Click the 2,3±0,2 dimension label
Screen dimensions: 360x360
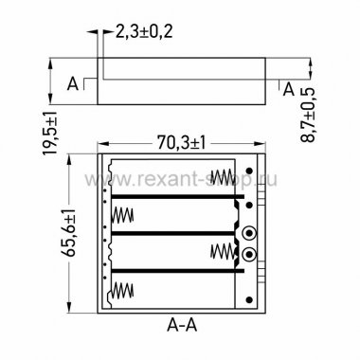pos(144,31)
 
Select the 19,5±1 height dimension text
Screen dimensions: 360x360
pos(50,133)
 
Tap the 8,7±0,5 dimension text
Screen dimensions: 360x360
pos(308,115)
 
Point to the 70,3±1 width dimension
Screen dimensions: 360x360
pos(182,143)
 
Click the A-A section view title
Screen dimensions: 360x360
pos(182,325)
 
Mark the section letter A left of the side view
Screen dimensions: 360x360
pos(73,84)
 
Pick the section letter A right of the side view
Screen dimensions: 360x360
pos(289,89)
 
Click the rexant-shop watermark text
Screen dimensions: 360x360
pos(181,179)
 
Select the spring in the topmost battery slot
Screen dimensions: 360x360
pos(224,178)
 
